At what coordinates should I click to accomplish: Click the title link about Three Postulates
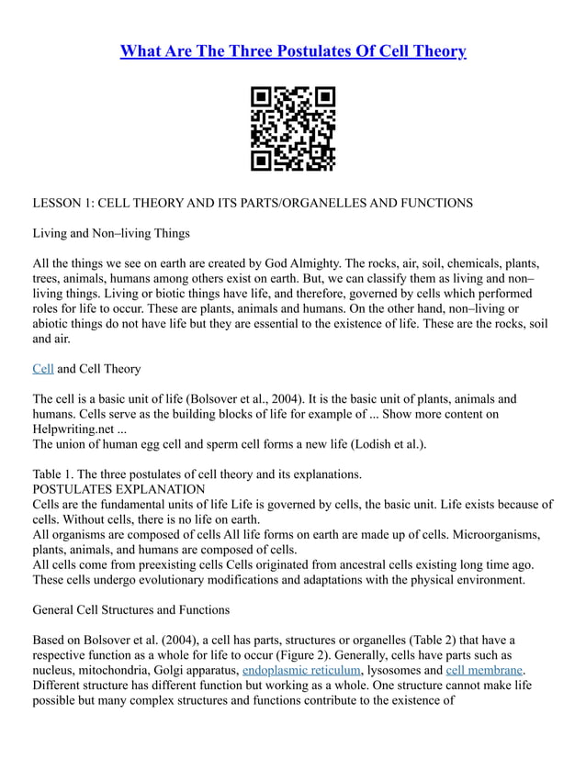click(x=293, y=50)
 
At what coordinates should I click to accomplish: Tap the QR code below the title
click(x=293, y=128)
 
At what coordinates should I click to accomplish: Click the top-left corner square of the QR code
click(x=262, y=97)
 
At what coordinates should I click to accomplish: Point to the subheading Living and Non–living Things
click(x=111, y=233)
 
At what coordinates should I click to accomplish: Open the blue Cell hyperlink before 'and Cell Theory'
click(x=43, y=369)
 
